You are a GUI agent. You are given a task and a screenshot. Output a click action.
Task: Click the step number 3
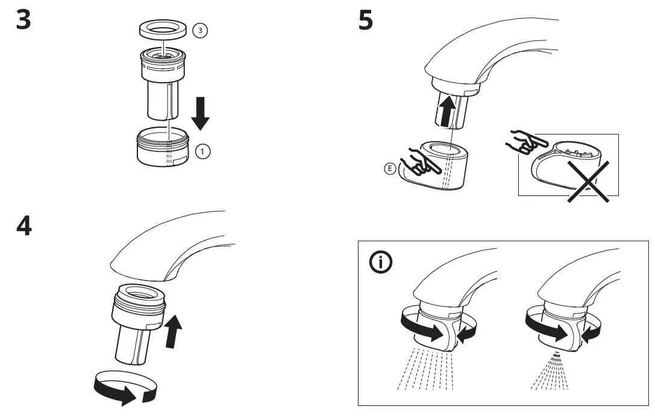(x=23, y=21)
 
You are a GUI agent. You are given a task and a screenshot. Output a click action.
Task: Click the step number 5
(x=365, y=21)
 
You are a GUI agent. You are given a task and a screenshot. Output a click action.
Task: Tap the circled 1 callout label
(x=203, y=151)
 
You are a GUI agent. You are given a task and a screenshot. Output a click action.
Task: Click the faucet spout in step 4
(x=169, y=247)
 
